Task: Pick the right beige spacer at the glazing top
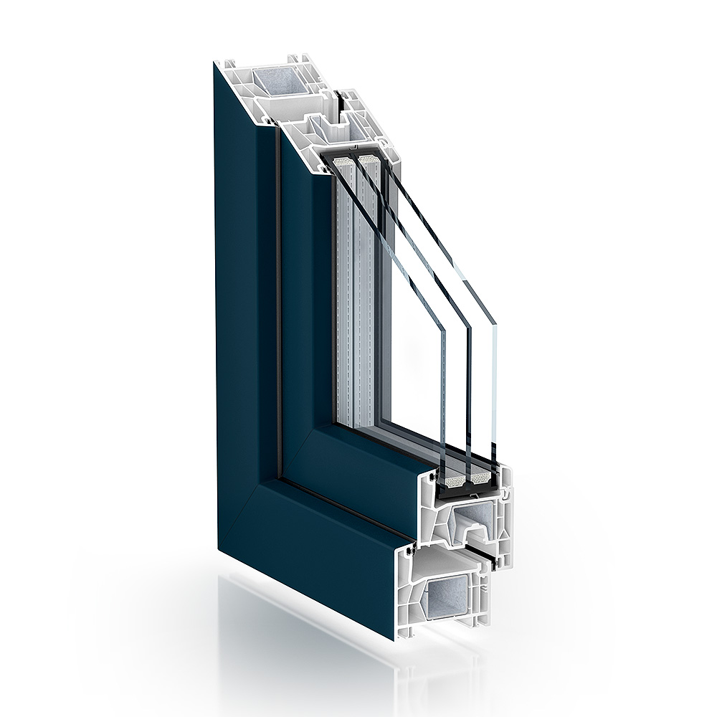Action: click(366, 159)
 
